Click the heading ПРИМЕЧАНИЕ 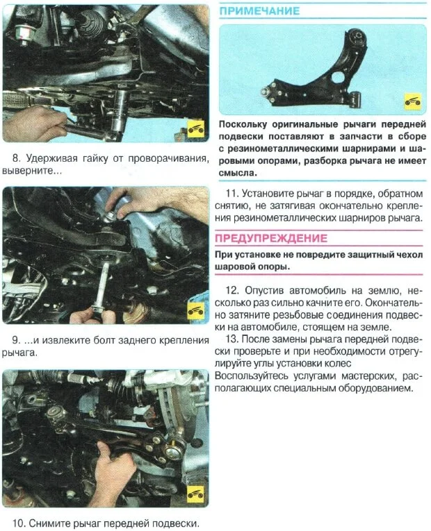(x=259, y=11)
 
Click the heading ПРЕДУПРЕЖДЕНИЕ (x=271, y=238)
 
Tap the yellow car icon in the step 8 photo (x=196, y=129)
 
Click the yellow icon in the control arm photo (x=413, y=102)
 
